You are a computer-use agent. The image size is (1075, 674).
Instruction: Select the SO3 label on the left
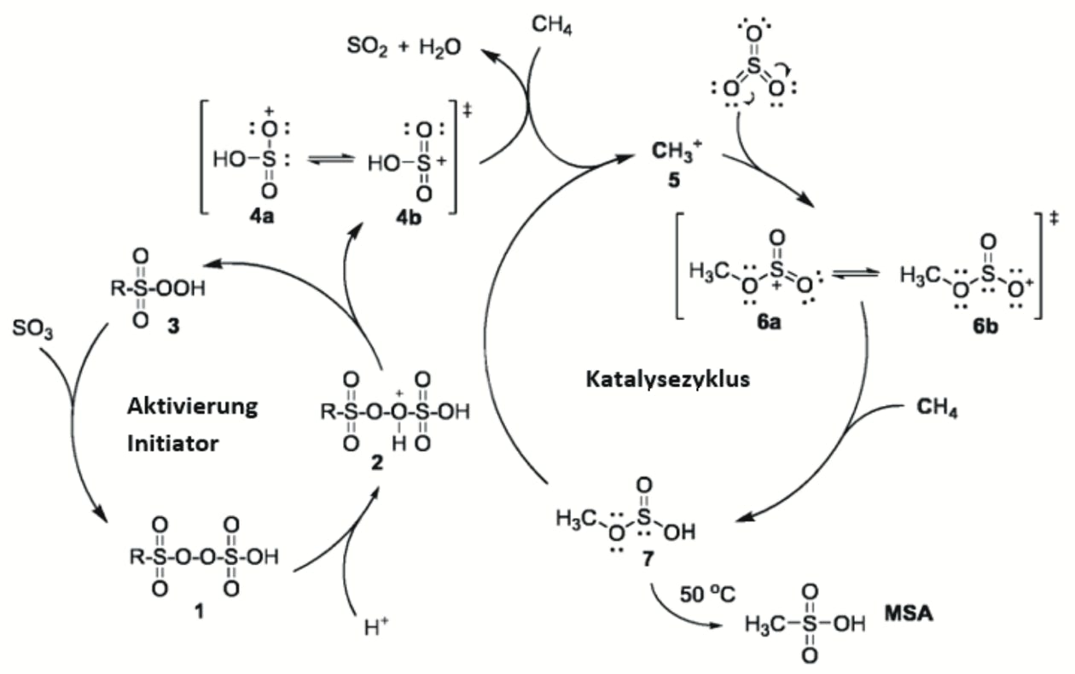tap(34, 329)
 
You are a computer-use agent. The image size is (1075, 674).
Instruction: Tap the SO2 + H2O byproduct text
tap(399, 45)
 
